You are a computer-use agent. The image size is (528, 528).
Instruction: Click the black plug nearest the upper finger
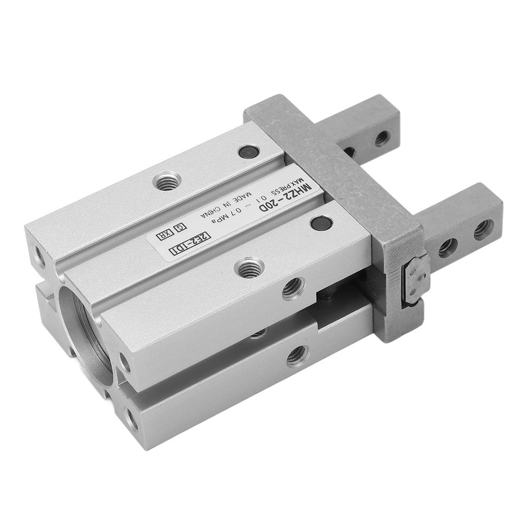pos(249,152)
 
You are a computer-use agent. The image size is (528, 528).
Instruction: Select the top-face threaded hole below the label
pos(249,268)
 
